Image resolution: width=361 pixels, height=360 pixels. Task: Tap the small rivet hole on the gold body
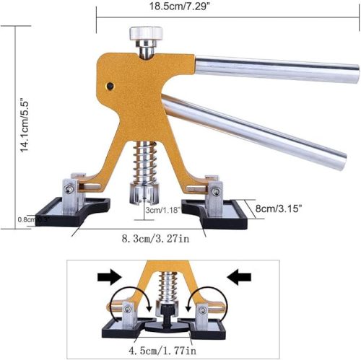click(110, 85)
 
